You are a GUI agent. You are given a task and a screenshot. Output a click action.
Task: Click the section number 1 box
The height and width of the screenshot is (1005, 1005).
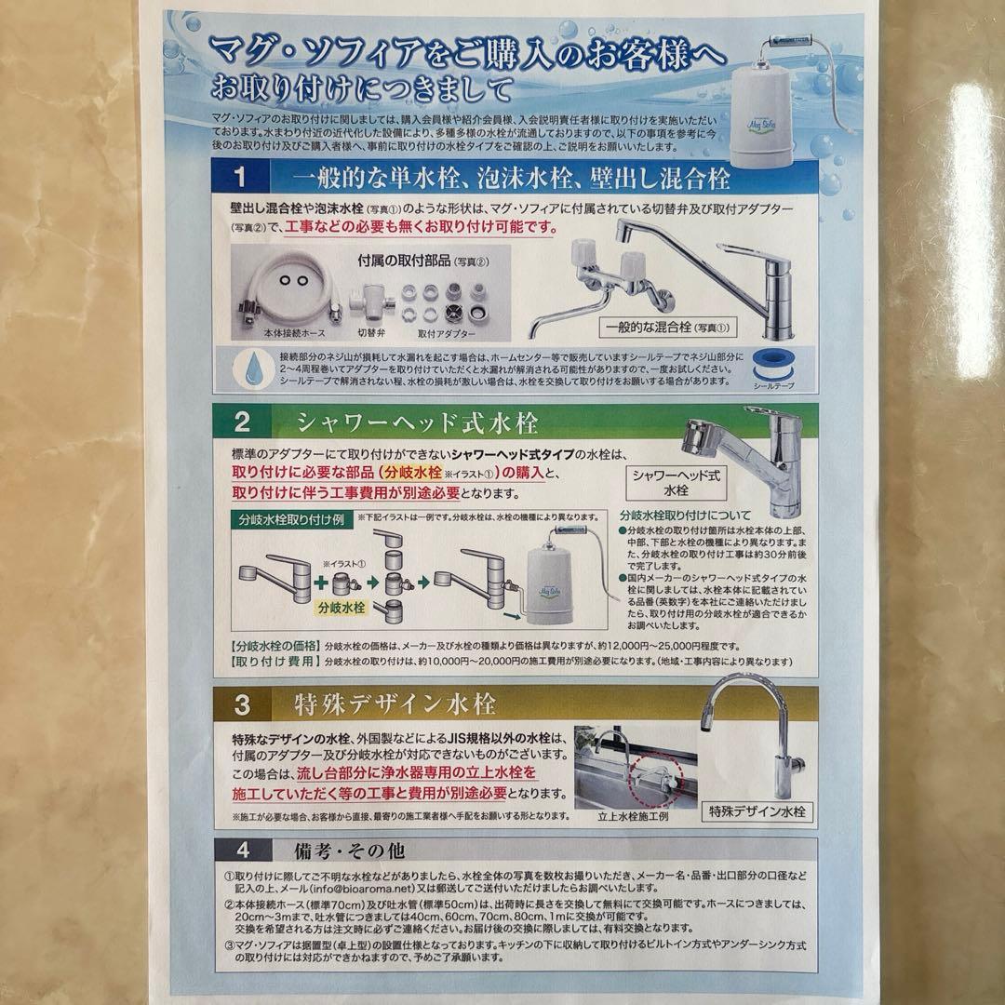(239, 177)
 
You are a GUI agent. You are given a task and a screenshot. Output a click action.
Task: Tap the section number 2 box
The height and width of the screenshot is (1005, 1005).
(242, 422)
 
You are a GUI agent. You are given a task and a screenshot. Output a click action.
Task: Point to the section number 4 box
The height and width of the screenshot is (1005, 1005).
(242, 851)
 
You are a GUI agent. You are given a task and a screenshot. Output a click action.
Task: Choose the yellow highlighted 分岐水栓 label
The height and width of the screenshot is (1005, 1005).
(342, 606)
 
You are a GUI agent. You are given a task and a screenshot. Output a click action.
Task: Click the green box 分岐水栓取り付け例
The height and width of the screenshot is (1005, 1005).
(285, 519)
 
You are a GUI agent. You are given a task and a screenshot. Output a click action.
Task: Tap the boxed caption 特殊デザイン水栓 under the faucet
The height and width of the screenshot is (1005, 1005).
(756, 811)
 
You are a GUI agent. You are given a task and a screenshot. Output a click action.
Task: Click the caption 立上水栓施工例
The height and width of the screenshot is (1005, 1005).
(635, 816)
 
